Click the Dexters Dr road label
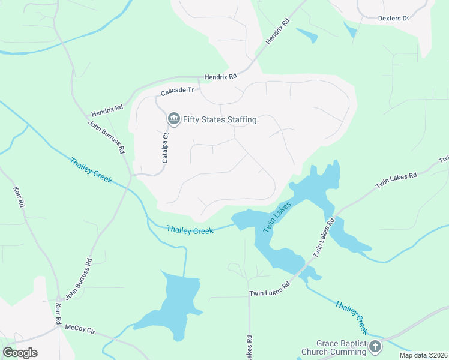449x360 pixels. coord(393,18)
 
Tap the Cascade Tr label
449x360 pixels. coord(178,91)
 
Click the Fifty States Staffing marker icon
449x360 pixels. coord(173,119)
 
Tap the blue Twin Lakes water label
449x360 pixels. coord(277,217)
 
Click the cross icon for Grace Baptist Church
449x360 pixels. coord(375,346)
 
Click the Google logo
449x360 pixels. coord(20,353)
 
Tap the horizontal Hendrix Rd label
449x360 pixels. coord(221,77)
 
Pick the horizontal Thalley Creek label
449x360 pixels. coord(190,230)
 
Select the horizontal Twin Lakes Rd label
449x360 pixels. coord(270,293)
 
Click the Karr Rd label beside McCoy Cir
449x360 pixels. coord(59,314)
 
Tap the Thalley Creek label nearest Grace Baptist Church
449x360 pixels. coord(351,317)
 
